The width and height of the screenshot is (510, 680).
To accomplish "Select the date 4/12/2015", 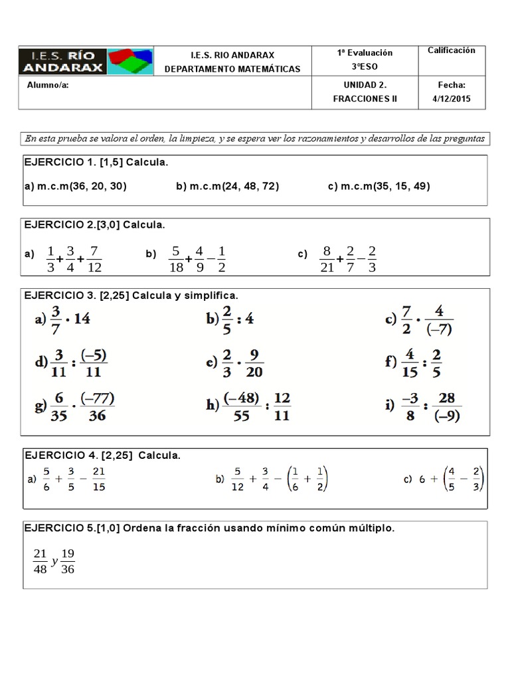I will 452,99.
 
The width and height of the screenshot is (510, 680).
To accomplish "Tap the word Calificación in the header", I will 452,50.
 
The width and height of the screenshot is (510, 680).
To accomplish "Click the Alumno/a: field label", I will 47,85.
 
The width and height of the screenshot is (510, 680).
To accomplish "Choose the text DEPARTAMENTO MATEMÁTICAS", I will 232,69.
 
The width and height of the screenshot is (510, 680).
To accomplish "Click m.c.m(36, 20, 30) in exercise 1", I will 75,186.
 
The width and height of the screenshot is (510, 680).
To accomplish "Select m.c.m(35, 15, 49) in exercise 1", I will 379,186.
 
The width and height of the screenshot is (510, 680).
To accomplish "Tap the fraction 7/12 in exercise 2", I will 94,260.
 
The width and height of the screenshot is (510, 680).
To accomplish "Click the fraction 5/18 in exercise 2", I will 175,260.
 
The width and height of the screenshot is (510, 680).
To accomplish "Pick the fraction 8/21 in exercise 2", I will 325,260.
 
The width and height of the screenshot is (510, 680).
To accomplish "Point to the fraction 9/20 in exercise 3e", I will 254,363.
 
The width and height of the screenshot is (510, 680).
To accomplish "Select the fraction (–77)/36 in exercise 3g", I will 97,407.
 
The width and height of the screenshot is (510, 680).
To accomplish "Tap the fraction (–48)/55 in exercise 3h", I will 240,407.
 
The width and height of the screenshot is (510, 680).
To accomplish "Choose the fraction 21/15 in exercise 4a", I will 98,479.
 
